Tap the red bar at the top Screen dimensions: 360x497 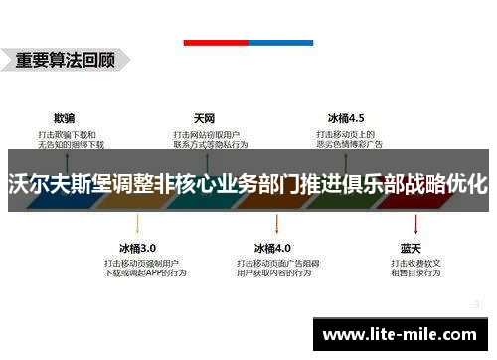216,42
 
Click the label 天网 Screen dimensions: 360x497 205,116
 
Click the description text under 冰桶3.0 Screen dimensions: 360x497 138,269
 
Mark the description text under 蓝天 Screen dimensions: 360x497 412,269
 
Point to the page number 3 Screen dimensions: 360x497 478,303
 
